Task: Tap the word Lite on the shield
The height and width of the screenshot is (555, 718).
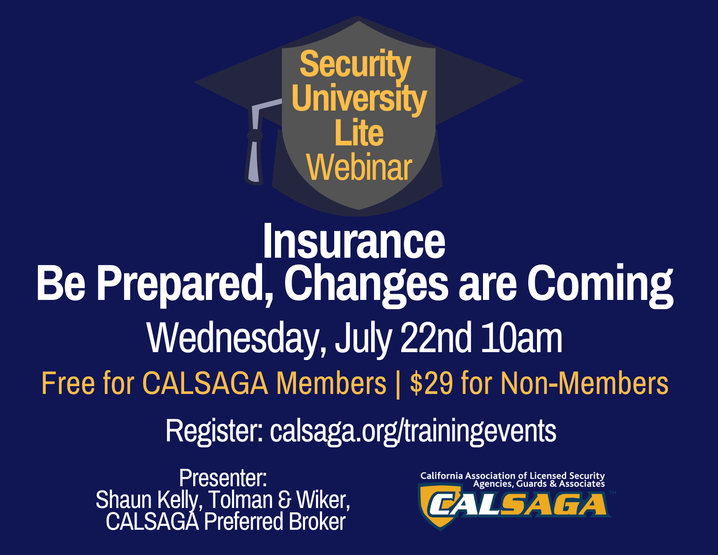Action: pos(359,133)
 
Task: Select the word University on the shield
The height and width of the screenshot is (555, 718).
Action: pos(359,99)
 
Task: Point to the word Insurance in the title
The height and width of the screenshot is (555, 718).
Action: pos(354,241)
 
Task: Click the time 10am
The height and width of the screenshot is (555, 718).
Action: pos(522,339)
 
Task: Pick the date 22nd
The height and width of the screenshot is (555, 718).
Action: pos(436,338)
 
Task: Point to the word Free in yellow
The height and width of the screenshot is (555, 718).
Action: pos(68,383)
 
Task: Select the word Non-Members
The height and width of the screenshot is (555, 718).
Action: pos(584,383)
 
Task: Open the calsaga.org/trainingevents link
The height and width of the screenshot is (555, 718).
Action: pos(413,431)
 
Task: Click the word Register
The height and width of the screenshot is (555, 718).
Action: pos(215,431)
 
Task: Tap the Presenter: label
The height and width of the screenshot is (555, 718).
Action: pos(223,478)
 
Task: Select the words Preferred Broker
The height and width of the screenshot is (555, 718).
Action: pos(275,521)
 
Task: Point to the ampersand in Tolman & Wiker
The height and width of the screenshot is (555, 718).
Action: pos(285,500)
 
